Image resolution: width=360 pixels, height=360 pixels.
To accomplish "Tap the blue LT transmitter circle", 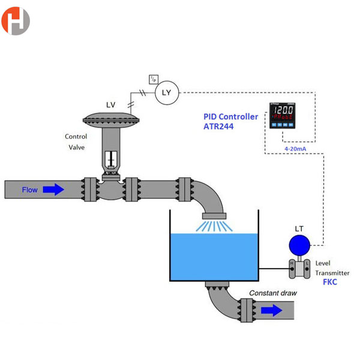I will point(299,245).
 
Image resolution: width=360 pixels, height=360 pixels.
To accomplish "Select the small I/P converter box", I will point(153,79).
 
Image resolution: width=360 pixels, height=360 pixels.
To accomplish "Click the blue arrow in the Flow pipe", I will point(53,190).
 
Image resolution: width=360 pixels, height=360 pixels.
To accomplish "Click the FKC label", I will point(331,281).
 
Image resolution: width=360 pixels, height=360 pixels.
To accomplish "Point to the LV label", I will point(111,105).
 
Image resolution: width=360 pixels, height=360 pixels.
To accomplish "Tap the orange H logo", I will point(16,21).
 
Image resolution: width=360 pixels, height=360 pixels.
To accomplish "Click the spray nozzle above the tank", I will point(214,216).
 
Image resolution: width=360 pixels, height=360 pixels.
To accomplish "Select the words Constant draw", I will point(273,293).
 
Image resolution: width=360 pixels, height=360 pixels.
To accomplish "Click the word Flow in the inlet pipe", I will point(30,190).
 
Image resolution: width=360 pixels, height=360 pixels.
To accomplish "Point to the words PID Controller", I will point(230,116).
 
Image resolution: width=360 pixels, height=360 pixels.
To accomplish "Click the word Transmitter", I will point(332,273).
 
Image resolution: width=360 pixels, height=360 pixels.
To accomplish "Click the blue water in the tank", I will point(214,255).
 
